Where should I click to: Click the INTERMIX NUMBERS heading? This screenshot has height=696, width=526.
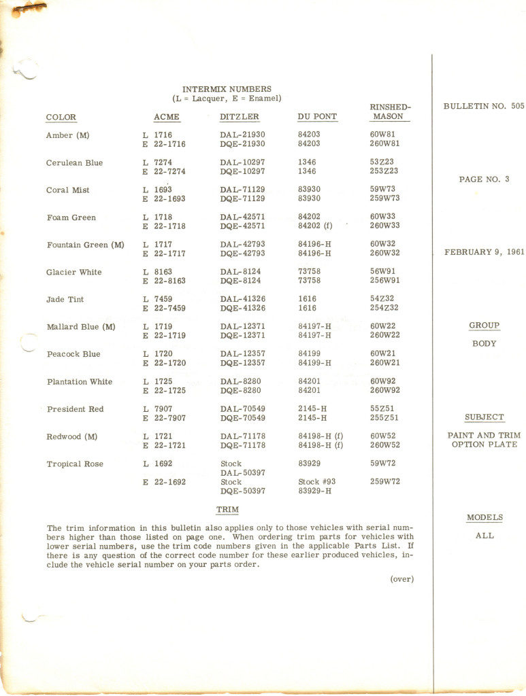coord(227,89)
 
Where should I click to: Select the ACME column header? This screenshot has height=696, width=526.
coord(167,117)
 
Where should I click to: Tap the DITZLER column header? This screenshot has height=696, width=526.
coord(240,117)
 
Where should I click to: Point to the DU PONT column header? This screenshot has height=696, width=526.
coord(317,117)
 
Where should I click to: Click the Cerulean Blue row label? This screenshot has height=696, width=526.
coord(75,163)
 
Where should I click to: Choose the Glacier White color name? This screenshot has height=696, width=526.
coord(74,273)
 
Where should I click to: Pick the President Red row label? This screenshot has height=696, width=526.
coord(76,409)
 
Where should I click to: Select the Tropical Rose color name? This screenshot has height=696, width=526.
coord(75,464)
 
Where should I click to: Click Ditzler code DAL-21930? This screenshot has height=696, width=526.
coord(242,135)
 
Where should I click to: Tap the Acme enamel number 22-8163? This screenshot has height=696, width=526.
coord(169,281)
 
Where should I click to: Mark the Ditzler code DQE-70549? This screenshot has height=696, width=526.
coord(242,418)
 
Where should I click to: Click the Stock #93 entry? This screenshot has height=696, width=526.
coord(317,482)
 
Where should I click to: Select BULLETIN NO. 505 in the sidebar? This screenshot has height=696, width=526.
coord(484,107)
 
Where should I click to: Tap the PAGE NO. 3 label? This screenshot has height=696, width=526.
coord(484,179)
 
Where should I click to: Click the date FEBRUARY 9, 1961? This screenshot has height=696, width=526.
coord(484,252)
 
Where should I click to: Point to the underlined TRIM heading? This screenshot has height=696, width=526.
coord(227,510)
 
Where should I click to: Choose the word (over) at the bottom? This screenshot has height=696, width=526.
coord(401,579)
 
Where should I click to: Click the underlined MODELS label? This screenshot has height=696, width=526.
coord(484,518)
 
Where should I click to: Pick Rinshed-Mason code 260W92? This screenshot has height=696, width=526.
coord(385,390)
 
